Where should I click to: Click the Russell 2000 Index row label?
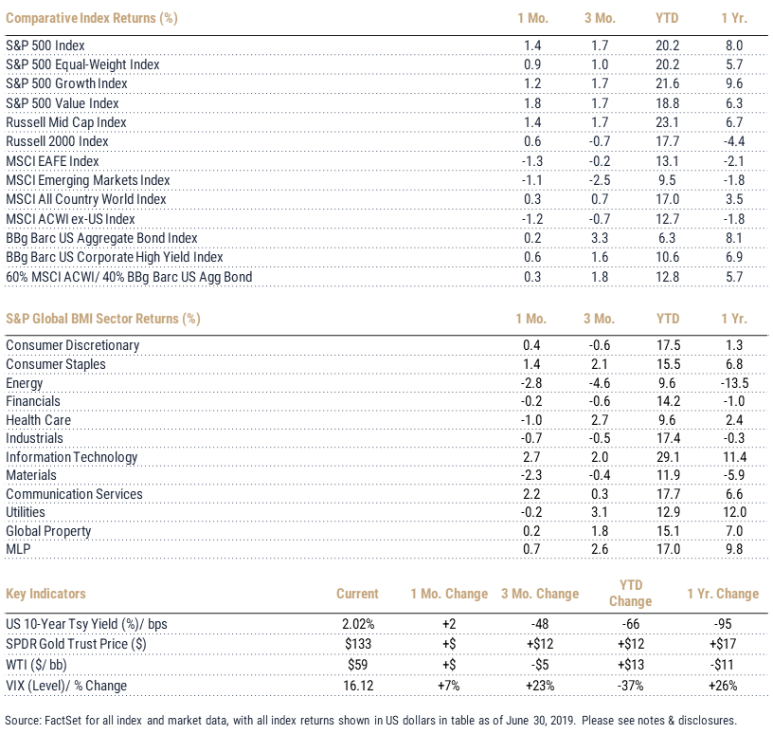pos(57,141)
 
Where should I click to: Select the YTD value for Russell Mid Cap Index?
pos(667,122)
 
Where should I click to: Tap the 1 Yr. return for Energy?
pos(734,383)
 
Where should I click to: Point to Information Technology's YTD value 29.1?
pos(668,457)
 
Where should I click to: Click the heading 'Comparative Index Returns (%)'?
pos(92,18)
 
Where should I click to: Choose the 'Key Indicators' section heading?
pos(45,594)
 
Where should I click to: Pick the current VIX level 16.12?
pos(358,686)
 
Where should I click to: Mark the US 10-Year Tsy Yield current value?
pos(358,624)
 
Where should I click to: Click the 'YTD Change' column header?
pos(631,593)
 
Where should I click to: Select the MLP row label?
pos(18,549)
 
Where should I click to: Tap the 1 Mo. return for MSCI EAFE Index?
pos(532,161)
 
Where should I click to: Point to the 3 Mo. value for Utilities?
pos(600,512)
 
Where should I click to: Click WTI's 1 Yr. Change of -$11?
pos(722,665)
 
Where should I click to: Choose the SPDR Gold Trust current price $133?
pos(358,644)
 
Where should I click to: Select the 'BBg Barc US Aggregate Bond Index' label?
pos(101,238)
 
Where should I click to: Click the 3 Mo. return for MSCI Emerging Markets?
pos(600,180)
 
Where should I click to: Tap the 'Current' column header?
pos(357,594)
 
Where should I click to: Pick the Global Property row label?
pos(48,531)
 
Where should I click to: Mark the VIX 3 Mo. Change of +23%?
pos(540,686)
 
